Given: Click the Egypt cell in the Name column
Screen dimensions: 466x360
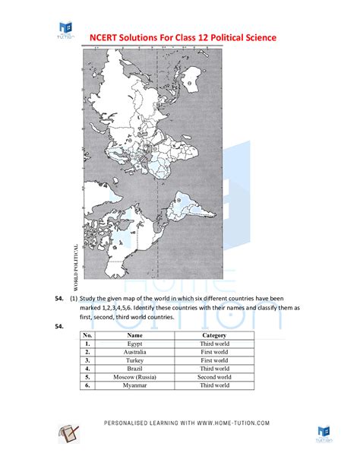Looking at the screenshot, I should (135, 344).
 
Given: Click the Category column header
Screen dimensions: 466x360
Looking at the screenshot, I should (215, 334).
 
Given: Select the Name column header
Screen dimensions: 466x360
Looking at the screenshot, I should (135, 334).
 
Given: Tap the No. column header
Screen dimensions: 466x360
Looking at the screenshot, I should (87, 334).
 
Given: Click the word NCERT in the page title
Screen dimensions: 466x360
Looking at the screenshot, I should (107, 37).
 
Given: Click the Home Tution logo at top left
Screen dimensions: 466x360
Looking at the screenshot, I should (66, 30).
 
